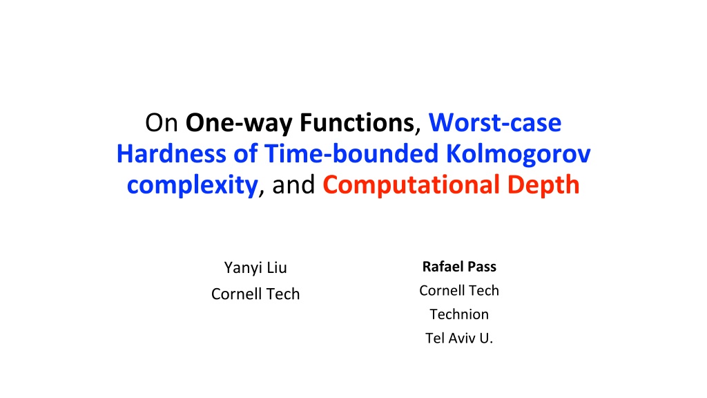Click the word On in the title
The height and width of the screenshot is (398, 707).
[162, 123]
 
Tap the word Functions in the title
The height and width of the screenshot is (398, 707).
[357, 123]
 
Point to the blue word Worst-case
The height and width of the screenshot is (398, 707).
[494, 123]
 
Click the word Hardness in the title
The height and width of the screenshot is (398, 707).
[171, 153]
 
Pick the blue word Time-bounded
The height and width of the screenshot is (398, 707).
[351, 153]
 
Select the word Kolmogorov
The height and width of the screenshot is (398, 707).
[518, 154]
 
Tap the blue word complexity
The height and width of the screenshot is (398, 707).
[192, 185]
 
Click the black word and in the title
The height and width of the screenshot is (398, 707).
[293, 184]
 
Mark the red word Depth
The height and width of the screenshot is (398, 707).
[543, 185]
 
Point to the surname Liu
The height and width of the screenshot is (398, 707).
[277, 267]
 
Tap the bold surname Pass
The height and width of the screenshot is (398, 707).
[481, 267]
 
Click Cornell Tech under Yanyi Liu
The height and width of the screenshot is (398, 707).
[255, 294]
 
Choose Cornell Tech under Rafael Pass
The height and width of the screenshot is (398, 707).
[459, 291]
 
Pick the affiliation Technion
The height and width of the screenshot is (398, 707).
[459, 314]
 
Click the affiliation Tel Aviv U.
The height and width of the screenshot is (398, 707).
[459, 338]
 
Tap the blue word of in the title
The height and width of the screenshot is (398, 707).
[245, 153]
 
